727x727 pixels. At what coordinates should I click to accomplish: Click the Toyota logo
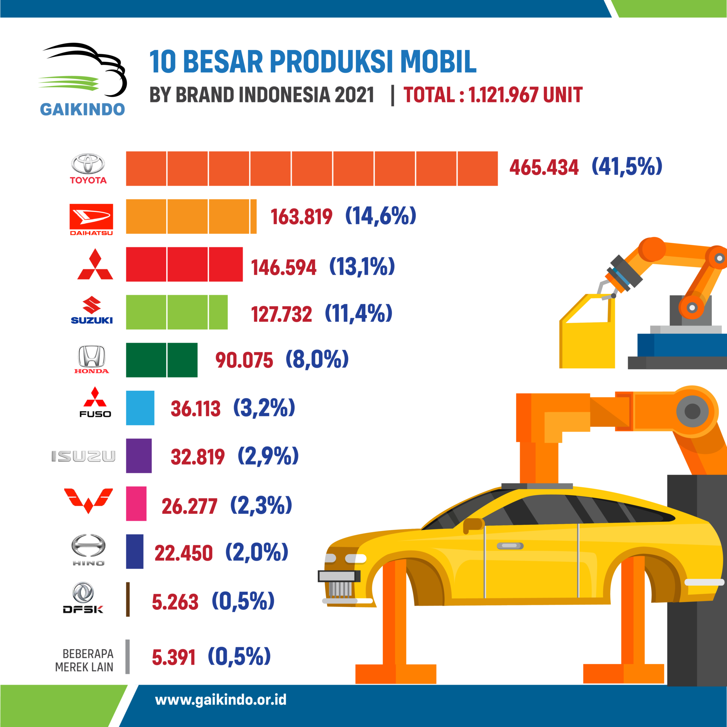tap(88, 168)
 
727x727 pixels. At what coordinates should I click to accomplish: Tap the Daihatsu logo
tap(91, 220)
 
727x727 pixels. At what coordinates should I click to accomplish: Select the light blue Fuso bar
tap(140, 408)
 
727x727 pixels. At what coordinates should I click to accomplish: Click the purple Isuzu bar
tap(139, 456)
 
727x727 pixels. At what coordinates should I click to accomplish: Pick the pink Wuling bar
tap(136, 504)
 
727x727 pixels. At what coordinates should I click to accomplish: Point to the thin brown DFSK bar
tap(128, 599)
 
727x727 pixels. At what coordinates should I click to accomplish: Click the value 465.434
tap(544, 167)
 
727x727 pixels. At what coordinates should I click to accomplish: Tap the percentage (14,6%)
tap(380, 216)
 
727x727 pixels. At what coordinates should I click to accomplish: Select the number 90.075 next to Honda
tap(244, 360)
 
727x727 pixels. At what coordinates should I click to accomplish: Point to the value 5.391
tap(173, 657)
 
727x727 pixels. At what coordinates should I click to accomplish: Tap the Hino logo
tap(88, 550)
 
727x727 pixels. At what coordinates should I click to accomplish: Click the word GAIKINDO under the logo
tap(82, 110)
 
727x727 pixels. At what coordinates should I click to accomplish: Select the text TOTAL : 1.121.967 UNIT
tap(493, 95)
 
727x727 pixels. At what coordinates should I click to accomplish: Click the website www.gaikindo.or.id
tap(221, 700)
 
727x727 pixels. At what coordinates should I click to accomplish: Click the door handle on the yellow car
tap(510, 546)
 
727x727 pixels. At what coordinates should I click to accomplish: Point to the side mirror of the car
tap(473, 524)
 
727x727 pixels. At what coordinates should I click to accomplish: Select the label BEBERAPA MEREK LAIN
tap(85, 661)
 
